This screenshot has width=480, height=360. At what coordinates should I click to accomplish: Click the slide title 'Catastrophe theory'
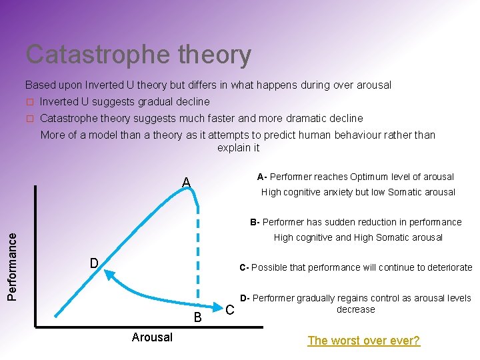139,55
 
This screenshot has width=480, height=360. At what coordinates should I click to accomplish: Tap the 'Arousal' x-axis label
152,337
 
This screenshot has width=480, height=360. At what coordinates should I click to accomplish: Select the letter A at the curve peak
187,183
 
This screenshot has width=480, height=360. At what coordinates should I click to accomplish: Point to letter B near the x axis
198,317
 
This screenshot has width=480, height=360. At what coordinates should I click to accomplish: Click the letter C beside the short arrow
230,311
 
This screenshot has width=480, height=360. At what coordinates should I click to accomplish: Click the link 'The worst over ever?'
363,341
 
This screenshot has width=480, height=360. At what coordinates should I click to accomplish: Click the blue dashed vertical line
197,253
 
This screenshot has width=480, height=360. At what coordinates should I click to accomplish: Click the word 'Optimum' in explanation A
373,177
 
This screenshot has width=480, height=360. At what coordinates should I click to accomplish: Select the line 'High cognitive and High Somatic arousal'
358,237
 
